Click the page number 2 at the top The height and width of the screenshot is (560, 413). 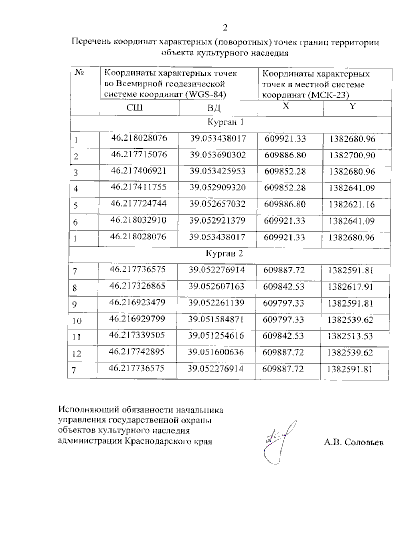(225, 28)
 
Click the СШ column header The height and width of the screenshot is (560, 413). (135, 107)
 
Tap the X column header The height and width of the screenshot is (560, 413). (286, 106)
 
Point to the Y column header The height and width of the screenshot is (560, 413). (352, 106)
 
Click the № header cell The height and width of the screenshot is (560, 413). (80, 73)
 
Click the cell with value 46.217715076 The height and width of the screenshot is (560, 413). (139, 155)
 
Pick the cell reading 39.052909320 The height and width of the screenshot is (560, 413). (218, 187)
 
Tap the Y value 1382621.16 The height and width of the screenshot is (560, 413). (352, 204)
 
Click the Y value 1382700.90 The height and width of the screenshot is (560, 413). (352, 155)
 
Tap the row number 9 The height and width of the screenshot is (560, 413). (75, 304)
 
